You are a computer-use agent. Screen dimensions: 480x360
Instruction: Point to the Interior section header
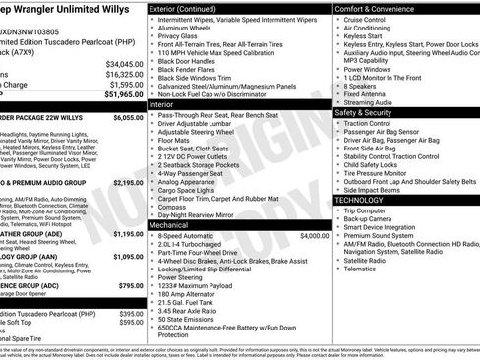161,103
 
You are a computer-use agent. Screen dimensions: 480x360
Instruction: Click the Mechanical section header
168,225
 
